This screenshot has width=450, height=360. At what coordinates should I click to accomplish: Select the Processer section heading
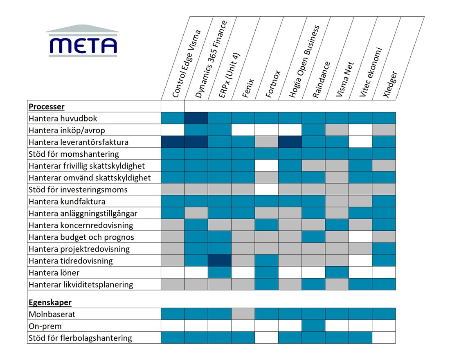(x=46, y=107)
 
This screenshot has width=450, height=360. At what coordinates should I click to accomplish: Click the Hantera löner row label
(x=54, y=272)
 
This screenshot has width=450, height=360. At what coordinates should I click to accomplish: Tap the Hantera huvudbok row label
(x=63, y=119)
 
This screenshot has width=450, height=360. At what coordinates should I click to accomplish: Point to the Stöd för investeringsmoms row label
(x=78, y=189)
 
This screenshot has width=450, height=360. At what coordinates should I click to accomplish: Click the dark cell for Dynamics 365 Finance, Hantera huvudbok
(x=196, y=118)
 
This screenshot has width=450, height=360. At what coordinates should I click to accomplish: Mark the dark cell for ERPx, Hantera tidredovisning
(x=220, y=261)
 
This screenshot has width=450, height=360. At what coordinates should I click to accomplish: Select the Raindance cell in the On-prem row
(x=314, y=326)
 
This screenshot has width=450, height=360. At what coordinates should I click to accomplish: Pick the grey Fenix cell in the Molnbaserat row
(x=243, y=314)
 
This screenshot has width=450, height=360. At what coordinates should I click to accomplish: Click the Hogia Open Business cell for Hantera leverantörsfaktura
(x=290, y=142)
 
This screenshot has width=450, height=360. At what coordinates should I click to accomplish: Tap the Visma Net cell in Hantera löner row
(x=337, y=272)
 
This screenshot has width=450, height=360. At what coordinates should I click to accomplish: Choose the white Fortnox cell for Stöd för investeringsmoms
(x=267, y=189)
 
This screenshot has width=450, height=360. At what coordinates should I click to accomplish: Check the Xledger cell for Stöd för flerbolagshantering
(x=384, y=337)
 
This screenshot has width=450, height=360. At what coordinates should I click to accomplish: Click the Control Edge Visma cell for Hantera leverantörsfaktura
(x=173, y=142)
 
